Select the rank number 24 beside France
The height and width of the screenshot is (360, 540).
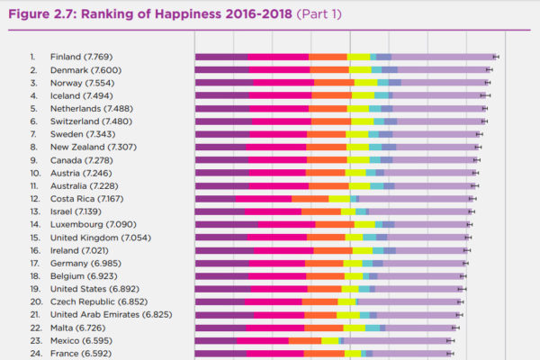point(34,354)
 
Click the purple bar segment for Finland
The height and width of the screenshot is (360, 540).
point(221,56)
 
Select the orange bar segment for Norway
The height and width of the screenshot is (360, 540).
point(334,82)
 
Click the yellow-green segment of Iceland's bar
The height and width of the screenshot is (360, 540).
point(363,94)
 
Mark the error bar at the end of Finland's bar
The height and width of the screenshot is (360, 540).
point(495,56)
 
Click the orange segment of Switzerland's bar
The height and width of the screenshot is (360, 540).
point(329,121)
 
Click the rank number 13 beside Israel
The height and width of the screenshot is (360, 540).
point(34,211)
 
